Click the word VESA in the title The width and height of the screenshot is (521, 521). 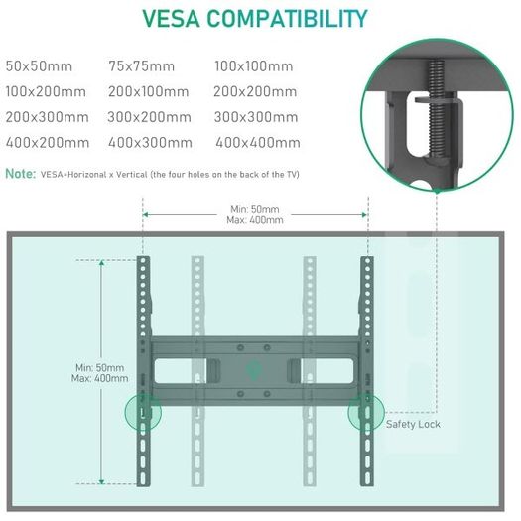(172, 18)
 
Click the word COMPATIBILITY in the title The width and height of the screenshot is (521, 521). (287, 18)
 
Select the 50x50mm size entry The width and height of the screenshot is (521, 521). (39, 66)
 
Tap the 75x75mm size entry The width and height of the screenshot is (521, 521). (142, 66)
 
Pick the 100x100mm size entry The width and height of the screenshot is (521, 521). (254, 66)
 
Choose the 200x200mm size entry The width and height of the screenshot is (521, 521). (255, 91)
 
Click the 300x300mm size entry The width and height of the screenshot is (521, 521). (256, 117)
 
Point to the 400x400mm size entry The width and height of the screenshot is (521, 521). (258, 143)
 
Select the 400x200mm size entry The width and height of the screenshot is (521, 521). (48, 143)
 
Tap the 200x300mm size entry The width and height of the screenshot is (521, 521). (48, 117)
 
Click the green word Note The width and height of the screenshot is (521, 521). (21, 173)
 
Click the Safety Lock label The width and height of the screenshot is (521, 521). (413, 424)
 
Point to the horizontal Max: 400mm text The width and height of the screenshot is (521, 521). (255, 220)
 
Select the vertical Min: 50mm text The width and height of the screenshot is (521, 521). (99, 367)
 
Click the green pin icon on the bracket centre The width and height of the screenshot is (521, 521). (254, 370)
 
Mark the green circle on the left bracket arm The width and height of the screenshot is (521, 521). (143, 412)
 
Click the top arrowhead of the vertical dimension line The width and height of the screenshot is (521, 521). (101, 263)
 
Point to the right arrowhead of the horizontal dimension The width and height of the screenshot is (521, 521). (364, 215)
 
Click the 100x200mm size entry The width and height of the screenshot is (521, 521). (46, 91)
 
